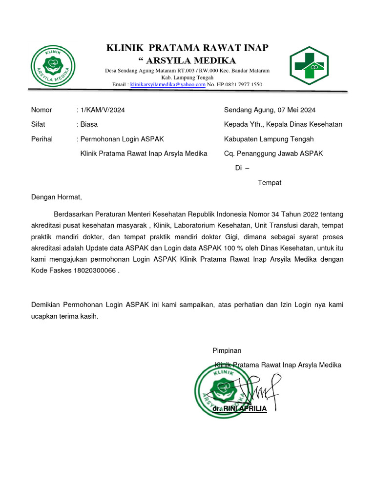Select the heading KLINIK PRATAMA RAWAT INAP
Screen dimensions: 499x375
187,48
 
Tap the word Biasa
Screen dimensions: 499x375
89,124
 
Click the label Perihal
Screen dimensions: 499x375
42,139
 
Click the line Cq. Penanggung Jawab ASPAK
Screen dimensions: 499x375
273,154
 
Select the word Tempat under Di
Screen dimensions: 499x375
270,183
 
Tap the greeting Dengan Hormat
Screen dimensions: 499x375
57,197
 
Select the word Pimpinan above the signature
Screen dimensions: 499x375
227,350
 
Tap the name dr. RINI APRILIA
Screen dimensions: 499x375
240,408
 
